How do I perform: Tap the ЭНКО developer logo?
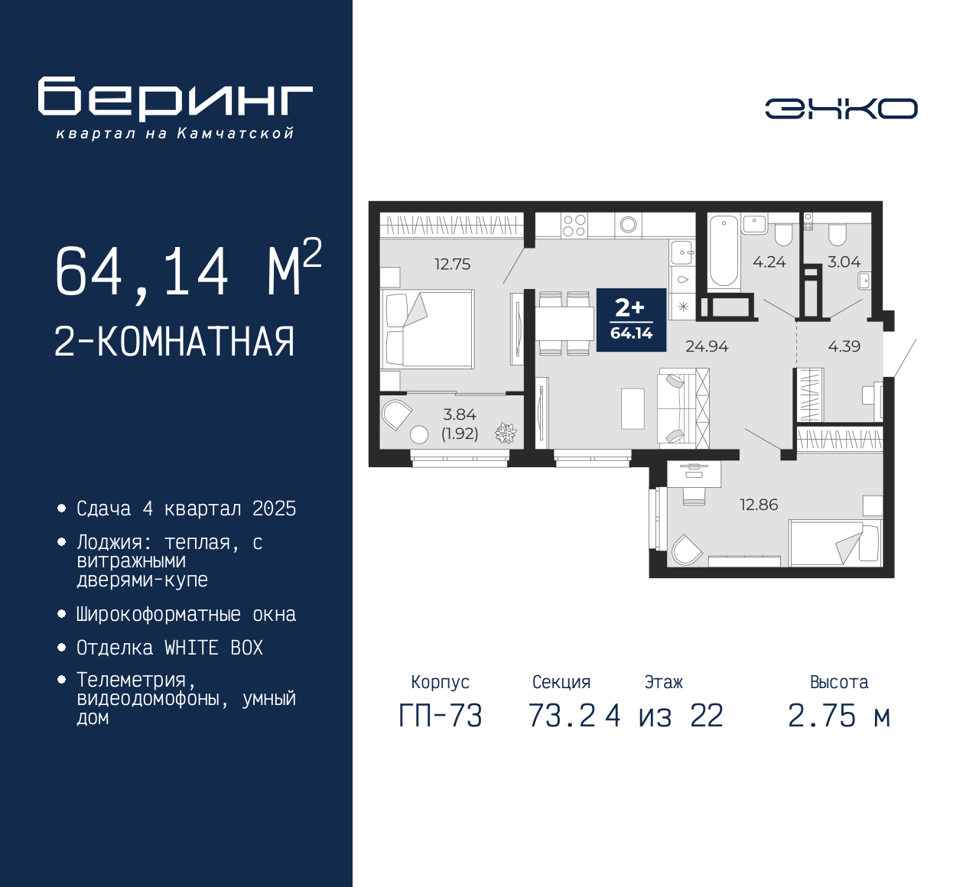coord(841,109)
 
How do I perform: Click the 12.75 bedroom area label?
coord(453,264)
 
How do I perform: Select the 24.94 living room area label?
coord(706,346)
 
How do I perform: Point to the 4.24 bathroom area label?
coord(769,262)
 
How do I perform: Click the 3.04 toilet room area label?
coord(844,262)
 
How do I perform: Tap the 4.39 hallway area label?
coord(844,346)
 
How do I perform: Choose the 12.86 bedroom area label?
coord(759,505)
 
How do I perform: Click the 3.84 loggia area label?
coord(459,414)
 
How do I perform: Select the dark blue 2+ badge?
coord(631,320)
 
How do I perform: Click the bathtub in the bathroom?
coord(724,252)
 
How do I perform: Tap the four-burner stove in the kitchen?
coord(574,226)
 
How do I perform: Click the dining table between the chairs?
coord(564,323)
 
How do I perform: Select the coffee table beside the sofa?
coord(633,408)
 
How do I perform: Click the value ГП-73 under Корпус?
coord(441,716)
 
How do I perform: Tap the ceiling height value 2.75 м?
coord(839,716)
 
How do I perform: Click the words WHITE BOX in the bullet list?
coord(213,648)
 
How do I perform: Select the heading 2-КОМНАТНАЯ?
coord(174,342)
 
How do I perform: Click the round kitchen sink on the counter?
coord(628,225)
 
